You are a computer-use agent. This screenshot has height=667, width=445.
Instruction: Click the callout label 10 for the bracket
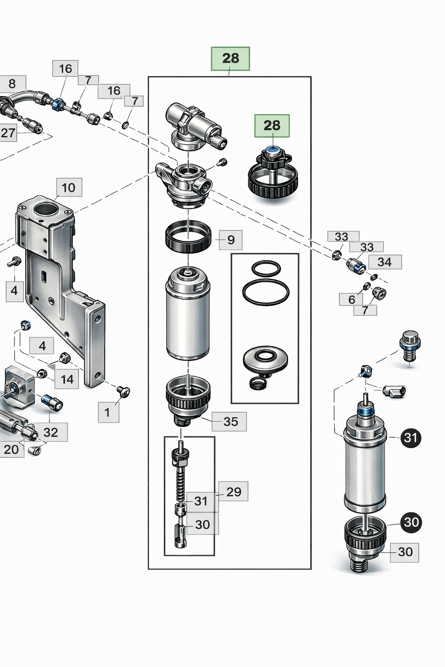tap(69, 188)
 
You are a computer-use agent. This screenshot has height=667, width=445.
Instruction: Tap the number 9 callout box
tap(231, 240)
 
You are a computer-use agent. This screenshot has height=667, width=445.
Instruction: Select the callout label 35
tap(230, 422)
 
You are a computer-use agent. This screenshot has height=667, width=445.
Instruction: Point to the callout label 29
tap(233, 492)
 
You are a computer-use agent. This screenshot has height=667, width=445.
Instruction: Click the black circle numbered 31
tap(411, 438)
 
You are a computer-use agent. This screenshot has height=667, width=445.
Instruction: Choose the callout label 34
tap(385, 262)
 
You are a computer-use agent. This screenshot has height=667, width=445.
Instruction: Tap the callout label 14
tap(67, 379)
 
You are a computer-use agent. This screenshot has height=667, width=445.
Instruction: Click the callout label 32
tap(50, 432)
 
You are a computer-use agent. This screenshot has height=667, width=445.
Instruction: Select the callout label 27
tap(8, 133)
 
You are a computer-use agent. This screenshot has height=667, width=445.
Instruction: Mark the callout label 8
tap(12, 83)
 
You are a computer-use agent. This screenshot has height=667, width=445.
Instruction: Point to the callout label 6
tap(352, 299)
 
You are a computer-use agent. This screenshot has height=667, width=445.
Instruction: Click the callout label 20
tap(11, 449)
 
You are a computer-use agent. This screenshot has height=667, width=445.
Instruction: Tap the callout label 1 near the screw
tap(107, 412)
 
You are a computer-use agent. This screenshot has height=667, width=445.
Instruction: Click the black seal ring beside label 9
tap(188, 237)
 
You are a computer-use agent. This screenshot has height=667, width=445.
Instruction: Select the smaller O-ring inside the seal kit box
tap(266, 268)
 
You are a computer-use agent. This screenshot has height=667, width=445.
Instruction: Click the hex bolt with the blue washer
tap(409, 344)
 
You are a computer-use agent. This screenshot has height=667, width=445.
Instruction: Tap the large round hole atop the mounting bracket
tap(45, 210)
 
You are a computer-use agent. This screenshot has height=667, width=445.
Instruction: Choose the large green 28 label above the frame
tap(230, 59)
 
